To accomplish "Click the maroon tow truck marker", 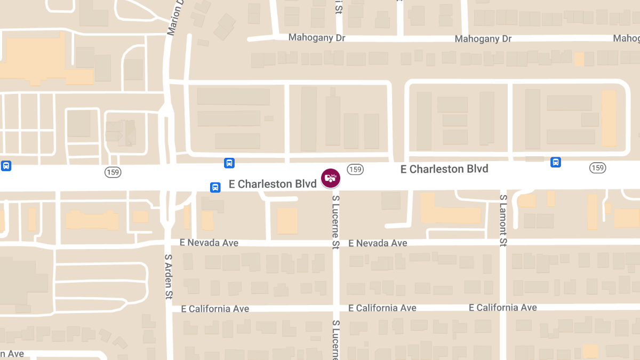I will click(x=331, y=178).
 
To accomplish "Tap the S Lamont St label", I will click(x=503, y=220).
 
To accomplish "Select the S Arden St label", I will click(x=169, y=276).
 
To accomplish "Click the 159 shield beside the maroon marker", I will click(x=355, y=169).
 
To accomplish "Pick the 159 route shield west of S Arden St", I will click(x=113, y=172).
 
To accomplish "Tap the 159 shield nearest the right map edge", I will click(x=597, y=168).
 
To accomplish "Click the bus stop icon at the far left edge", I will click(x=6, y=165).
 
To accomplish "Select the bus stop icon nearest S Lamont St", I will click(x=555, y=162).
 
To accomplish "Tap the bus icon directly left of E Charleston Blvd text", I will click(x=215, y=187).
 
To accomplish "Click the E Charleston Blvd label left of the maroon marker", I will click(x=273, y=184).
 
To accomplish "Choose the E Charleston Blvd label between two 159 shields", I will click(x=444, y=169).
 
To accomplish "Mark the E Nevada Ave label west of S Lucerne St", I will click(x=209, y=243).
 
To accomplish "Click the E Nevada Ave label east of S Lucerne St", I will click(x=378, y=243).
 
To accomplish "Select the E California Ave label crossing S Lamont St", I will click(x=503, y=308).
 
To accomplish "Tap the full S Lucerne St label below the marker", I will click(x=336, y=222).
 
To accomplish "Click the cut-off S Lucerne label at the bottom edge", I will click(x=336, y=340).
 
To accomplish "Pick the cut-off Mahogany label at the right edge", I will click(x=627, y=38).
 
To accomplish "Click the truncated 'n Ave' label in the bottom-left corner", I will click(x=12, y=354).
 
